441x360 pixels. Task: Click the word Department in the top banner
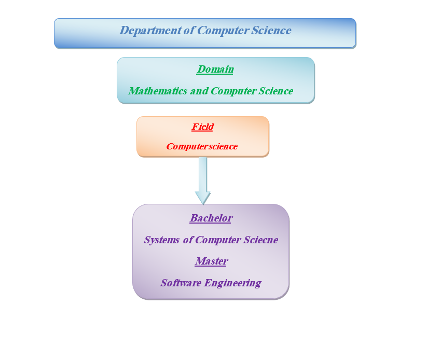pos(150,31)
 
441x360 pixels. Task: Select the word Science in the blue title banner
pos(271,31)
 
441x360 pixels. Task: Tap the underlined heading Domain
pos(215,69)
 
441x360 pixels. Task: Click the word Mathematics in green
pos(158,91)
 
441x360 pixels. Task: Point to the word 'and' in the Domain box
pos(199,91)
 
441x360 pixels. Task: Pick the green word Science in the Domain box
pos(276,91)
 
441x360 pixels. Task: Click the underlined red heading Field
pos(203,127)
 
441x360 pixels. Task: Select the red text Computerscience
pos(202,146)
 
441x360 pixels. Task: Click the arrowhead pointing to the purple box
pos(203,198)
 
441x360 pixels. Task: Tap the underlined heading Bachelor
pos(211,218)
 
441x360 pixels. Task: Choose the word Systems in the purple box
pos(162,240)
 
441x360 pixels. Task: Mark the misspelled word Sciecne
pos(261,240)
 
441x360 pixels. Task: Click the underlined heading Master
pos(211,261)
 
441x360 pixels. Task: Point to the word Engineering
pos(232,283)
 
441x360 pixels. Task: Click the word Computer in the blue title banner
pos(223,31)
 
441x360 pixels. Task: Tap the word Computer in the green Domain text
pos(233,91)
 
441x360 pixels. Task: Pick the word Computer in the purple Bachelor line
pos(218,240)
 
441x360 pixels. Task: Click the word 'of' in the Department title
pos(189,31)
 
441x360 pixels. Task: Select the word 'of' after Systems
pos(188,240)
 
